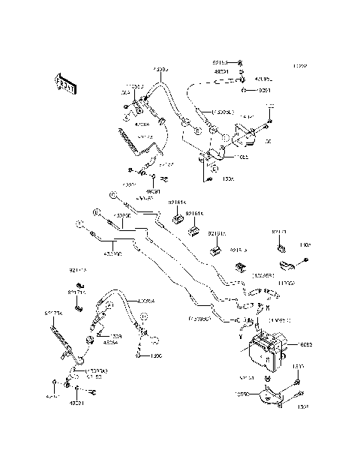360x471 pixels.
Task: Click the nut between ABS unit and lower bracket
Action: click(x=266, y=382)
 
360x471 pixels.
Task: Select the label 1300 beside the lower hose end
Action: click(x=156, y=355)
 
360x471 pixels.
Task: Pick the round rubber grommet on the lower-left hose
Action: click(x=89, y=340)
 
